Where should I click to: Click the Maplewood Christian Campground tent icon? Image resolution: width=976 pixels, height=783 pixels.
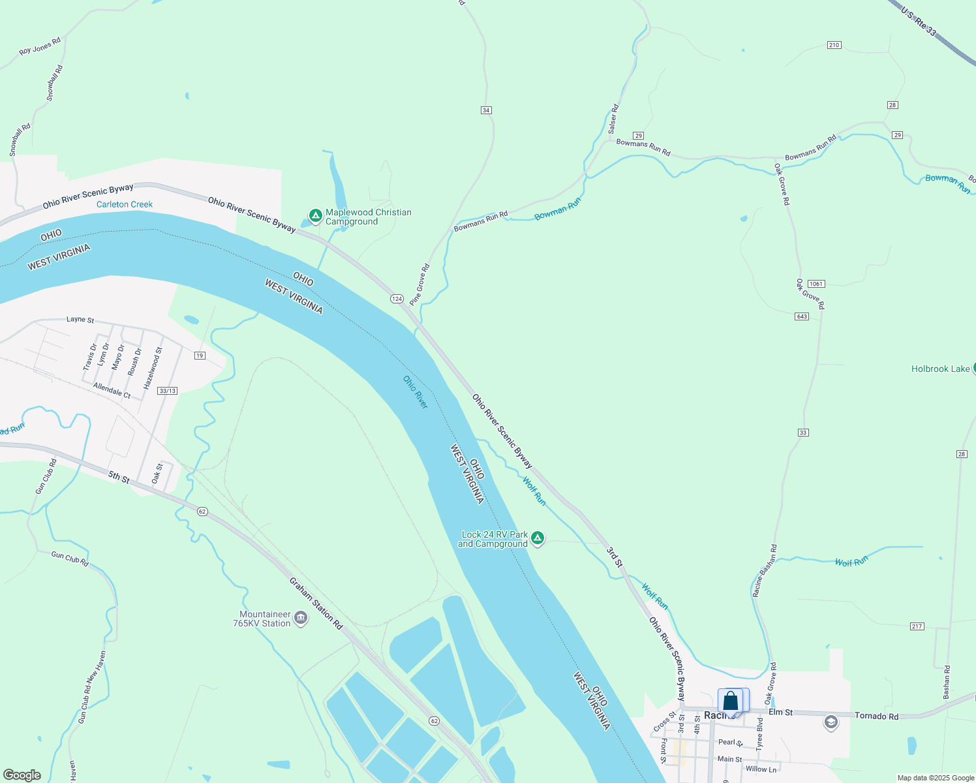click(x=316, y=215)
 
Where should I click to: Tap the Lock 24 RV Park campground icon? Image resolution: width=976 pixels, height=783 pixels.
click(x=538, y=538)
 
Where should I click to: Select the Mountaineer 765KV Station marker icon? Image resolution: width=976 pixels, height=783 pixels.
click(x=301, y=618)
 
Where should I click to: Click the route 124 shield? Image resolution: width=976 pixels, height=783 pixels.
click(x=397, y=299)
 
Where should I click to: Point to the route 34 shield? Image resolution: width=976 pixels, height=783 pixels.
click(x=486, y=110)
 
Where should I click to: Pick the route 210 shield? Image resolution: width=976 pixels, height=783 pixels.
click(x=834, y=45)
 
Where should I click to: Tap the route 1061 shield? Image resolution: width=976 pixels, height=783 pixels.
click(x=816, y=284)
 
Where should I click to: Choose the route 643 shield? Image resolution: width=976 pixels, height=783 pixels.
click(x=802, y=316)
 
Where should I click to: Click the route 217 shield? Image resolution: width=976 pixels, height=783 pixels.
click(x=917, y=626)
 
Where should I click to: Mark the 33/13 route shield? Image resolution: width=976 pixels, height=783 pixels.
click(x=168, y=391)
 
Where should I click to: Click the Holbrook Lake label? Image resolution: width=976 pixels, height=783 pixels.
click(x=940, y=369)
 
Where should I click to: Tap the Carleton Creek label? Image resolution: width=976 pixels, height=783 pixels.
click(x=125, y=204)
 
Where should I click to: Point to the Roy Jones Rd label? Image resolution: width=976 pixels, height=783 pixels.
click(x=40, y=46)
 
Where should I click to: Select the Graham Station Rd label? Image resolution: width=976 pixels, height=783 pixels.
click(x=316, y=604)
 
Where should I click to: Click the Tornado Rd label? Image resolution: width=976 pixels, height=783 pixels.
click(x=876, y=716)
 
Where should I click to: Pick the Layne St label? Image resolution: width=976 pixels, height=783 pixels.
click(x=80, y=320)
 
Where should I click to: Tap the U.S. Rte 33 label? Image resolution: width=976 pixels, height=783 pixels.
click(x=919, y=22)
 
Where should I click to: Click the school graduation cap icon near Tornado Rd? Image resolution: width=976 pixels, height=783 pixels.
click(x=831, y=723)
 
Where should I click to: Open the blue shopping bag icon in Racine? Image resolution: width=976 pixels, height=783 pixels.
click(x=731, y=701)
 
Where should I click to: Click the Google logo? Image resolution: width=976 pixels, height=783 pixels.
click(x=22, y=775)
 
